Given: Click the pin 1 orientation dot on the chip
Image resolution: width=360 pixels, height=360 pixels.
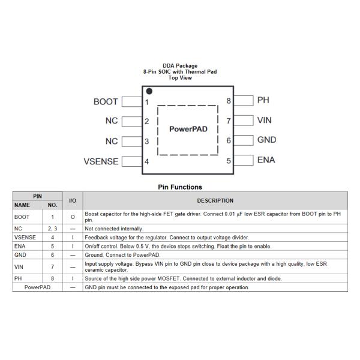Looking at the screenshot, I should tap(149, 92).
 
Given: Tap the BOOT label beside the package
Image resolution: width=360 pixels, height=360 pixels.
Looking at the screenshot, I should tap(106, 102).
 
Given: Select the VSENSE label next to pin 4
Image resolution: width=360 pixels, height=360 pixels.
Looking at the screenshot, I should tap(100, 161).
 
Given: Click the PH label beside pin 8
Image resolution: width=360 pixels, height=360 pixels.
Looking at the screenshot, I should tap(263, 100).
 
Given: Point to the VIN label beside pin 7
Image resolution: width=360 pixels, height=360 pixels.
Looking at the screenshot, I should tap(264, 120).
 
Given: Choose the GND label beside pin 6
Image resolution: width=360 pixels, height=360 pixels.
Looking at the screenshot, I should tap(266, 140).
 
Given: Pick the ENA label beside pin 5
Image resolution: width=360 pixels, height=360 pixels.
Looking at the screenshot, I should tap(266, 160).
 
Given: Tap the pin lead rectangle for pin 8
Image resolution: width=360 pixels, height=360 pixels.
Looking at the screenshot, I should tap(244, 101).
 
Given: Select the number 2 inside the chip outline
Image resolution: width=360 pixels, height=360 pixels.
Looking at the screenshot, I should tap(147, 122).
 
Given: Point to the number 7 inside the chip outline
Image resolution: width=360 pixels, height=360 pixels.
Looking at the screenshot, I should tap(228, 121).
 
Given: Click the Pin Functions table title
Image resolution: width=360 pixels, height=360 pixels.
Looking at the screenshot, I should tap(180, 187).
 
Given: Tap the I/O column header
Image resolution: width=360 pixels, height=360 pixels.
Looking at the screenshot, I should tap(72, 200).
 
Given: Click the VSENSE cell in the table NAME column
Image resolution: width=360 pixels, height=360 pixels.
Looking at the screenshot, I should tap(24, 238).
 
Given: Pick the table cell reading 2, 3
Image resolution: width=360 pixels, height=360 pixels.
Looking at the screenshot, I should tap(52, 229).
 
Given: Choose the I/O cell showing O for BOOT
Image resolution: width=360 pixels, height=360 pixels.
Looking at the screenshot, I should tap(72, 217).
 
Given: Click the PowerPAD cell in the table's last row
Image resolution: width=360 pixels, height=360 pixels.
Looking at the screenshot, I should tap(37, 287).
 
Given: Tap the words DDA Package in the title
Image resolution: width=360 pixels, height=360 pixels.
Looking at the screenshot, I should tap(180, 66).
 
